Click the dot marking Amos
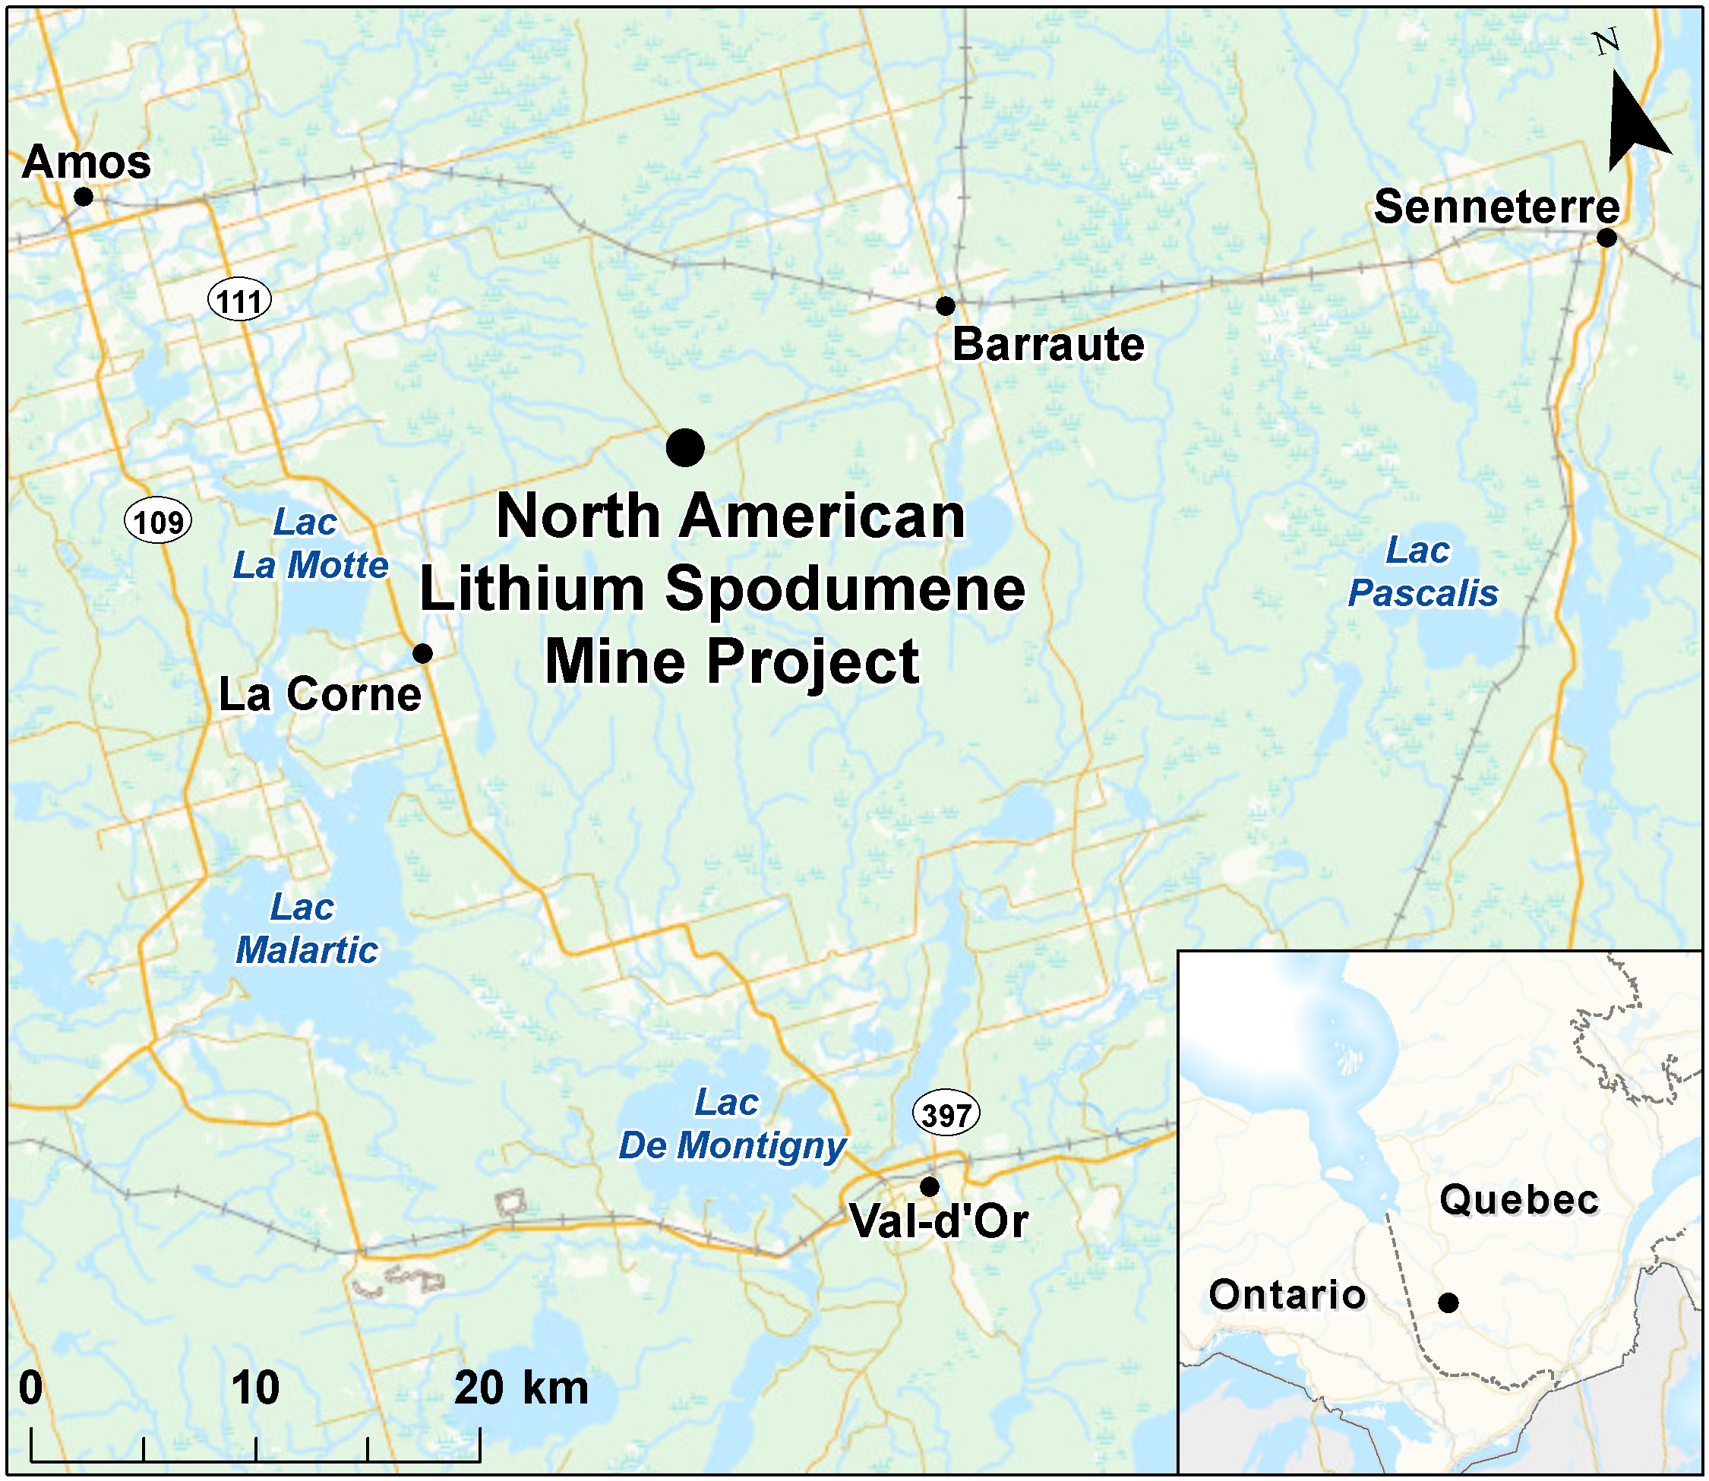(x=83, y=197)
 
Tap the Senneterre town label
(x=1496, y=207)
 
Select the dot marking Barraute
(x=946, y=306)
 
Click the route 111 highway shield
(x=239, y=301)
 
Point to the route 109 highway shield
(x=158, y=523)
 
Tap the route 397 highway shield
(x=946, y=1115)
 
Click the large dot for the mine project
(x=685, y=448)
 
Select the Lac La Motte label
(x=310, y=545)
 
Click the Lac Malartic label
(x=307, y=929)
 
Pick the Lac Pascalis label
(x=1422, y=572)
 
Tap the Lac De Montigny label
(x=732, y=1124)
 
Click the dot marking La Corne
(x=422, y=653)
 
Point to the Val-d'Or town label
(x=939, y=1220)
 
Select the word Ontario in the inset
(x=1287, y=1294)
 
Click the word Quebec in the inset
(x=1519, y=1199)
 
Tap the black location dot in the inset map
(x=1448, y=1303)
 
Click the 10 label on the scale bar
(x=255, y=1388)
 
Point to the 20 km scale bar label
(x=520, y=1388)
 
